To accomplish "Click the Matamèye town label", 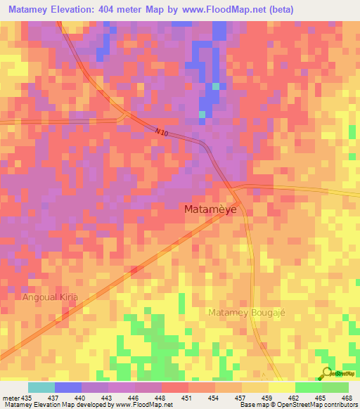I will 210,209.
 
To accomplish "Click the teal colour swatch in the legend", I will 41,387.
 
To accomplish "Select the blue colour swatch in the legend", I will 67,387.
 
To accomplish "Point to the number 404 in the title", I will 125,9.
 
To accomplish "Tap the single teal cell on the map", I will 202,114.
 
